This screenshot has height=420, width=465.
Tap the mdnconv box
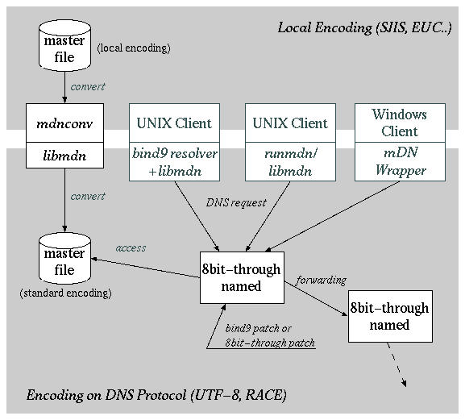(x=64, y=123)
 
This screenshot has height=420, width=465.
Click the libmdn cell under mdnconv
(x=64, y=153)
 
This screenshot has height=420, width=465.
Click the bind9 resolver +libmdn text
(x=176, y=162)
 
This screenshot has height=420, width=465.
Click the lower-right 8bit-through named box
(x=390, y=317)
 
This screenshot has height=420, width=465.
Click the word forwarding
(x=322, y=280)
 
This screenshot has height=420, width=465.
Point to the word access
(x=131, y=247)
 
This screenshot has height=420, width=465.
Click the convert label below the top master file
(x=88, y=86)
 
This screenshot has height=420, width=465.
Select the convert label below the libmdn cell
(x=88, y=196)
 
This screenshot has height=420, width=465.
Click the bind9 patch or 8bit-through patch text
(x=270, y=335)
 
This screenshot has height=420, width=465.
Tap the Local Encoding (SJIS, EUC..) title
(x=364, y=27)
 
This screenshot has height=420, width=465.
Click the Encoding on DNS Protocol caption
(x=156, y=395)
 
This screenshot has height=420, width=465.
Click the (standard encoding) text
(x=65, y=293)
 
